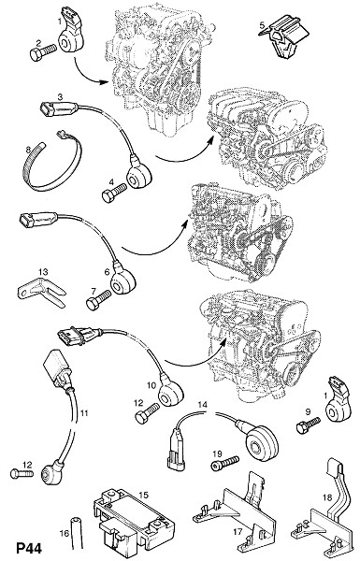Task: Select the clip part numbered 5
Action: [x=284, y=36]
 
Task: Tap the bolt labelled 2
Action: [x=43, y=51]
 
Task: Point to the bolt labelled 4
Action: [x=114, y=193]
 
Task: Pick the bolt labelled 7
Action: [x=98, y=300]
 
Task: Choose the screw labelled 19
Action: [x=224, y=464]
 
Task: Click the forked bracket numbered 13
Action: [x=41, y=292]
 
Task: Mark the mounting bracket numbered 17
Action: [x=237, y=511]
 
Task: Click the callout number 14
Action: [x=203, y=405]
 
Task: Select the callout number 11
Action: [x=84, y=413]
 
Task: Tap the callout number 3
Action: [x=60, y=96]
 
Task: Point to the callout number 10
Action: [x=151, y=385]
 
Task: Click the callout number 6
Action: [x=107, y=272]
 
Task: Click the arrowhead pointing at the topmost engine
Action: [x=106, y=81]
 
